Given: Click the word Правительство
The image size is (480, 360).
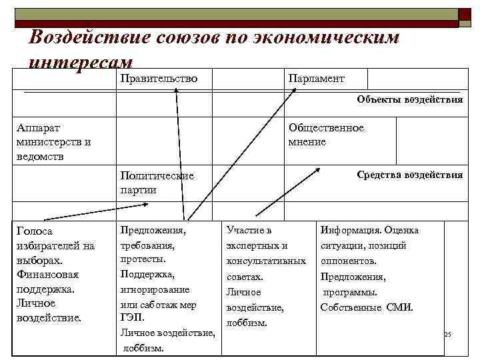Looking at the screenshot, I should tap(159, 79).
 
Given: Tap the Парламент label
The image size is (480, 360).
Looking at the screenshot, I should tap(316, 79).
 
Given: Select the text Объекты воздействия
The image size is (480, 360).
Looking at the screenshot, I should tap(409, 100).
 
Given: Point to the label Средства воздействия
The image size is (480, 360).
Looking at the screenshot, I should tap(409, 175).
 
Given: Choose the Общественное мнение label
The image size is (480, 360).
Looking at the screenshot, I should tap(326, 134).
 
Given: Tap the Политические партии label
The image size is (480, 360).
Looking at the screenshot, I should tap(157, 183).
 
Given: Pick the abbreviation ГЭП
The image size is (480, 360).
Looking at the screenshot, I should tap(132, 317).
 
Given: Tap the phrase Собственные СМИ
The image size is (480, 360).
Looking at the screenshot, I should tap(367, 307).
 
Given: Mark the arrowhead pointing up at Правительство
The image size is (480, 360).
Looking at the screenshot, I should tap(177, 92).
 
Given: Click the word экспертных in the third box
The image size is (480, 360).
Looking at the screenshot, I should tap(257, 245).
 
